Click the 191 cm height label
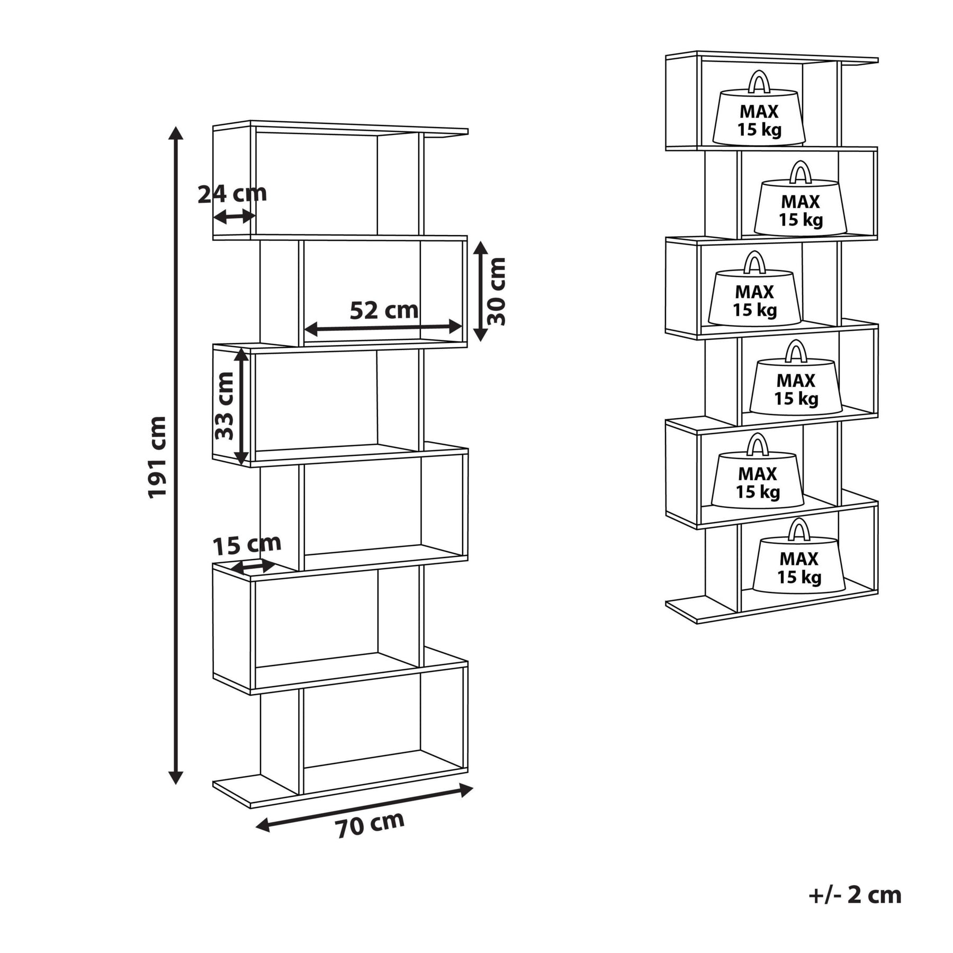coord(157,457)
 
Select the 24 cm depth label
coord(232,194)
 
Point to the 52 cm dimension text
coord(384,310)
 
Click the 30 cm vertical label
coord(497,291)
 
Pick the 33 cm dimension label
coord(224,406)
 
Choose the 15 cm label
coord(247,544)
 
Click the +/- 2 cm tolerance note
coord(855,894)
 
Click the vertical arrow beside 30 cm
coord(480,291)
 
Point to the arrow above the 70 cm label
coord(364,807)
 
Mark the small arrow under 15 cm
coord(253,567)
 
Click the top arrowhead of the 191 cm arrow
coord(176,133)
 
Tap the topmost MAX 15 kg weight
coord(759,116)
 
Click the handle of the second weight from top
coord(800,173)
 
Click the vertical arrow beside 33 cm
coord(241,406)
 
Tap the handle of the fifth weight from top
coord(758,445)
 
